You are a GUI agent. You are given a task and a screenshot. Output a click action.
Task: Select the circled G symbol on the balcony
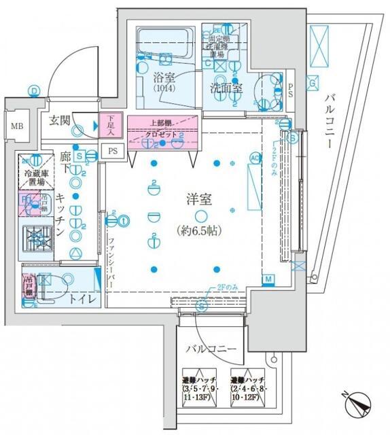(x=312, y=84)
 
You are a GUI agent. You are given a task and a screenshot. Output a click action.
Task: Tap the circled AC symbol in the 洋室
(x=255, y=158)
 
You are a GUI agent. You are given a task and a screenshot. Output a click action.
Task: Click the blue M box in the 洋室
(x=268, y=280)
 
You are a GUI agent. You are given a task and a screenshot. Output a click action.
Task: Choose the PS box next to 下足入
(x=113, y=151)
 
